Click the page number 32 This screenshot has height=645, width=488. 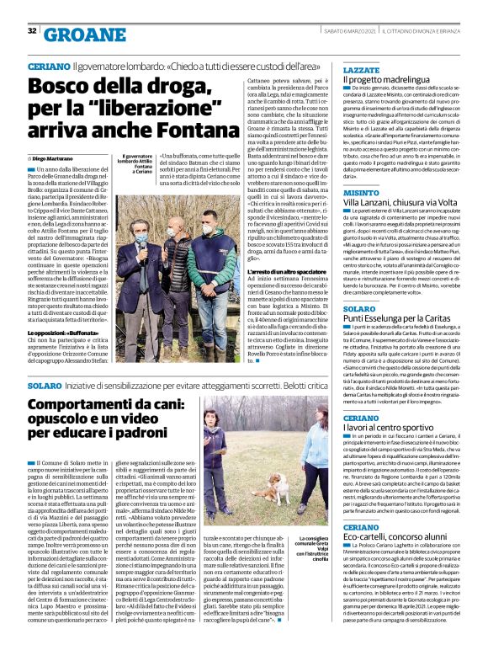click(31, 31)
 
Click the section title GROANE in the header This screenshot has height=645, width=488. click(77, 33)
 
